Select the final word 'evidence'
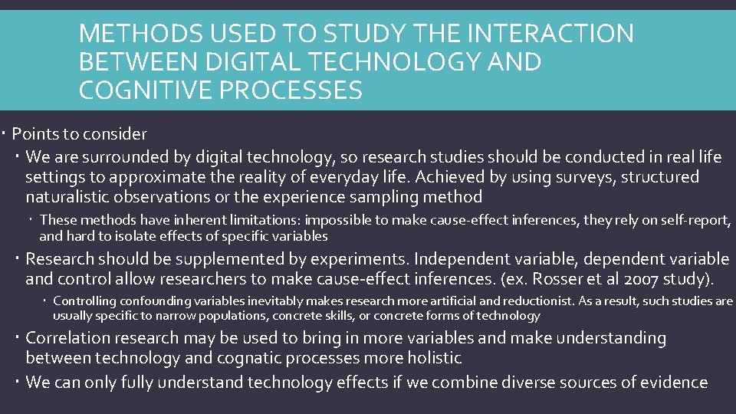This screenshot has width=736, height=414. (x=672, y=382)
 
